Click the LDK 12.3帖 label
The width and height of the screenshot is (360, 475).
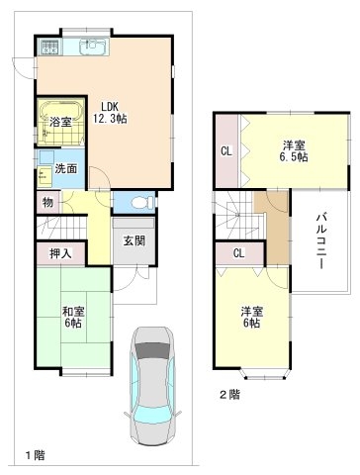pos(110,112)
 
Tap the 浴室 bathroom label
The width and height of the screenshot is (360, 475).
pos(59,122)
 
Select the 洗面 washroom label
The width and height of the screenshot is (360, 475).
pos(64,168)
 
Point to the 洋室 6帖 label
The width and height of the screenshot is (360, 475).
pos(251,318)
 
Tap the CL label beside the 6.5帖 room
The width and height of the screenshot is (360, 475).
pos(225,151)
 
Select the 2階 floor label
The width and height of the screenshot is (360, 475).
pos(229,394)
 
